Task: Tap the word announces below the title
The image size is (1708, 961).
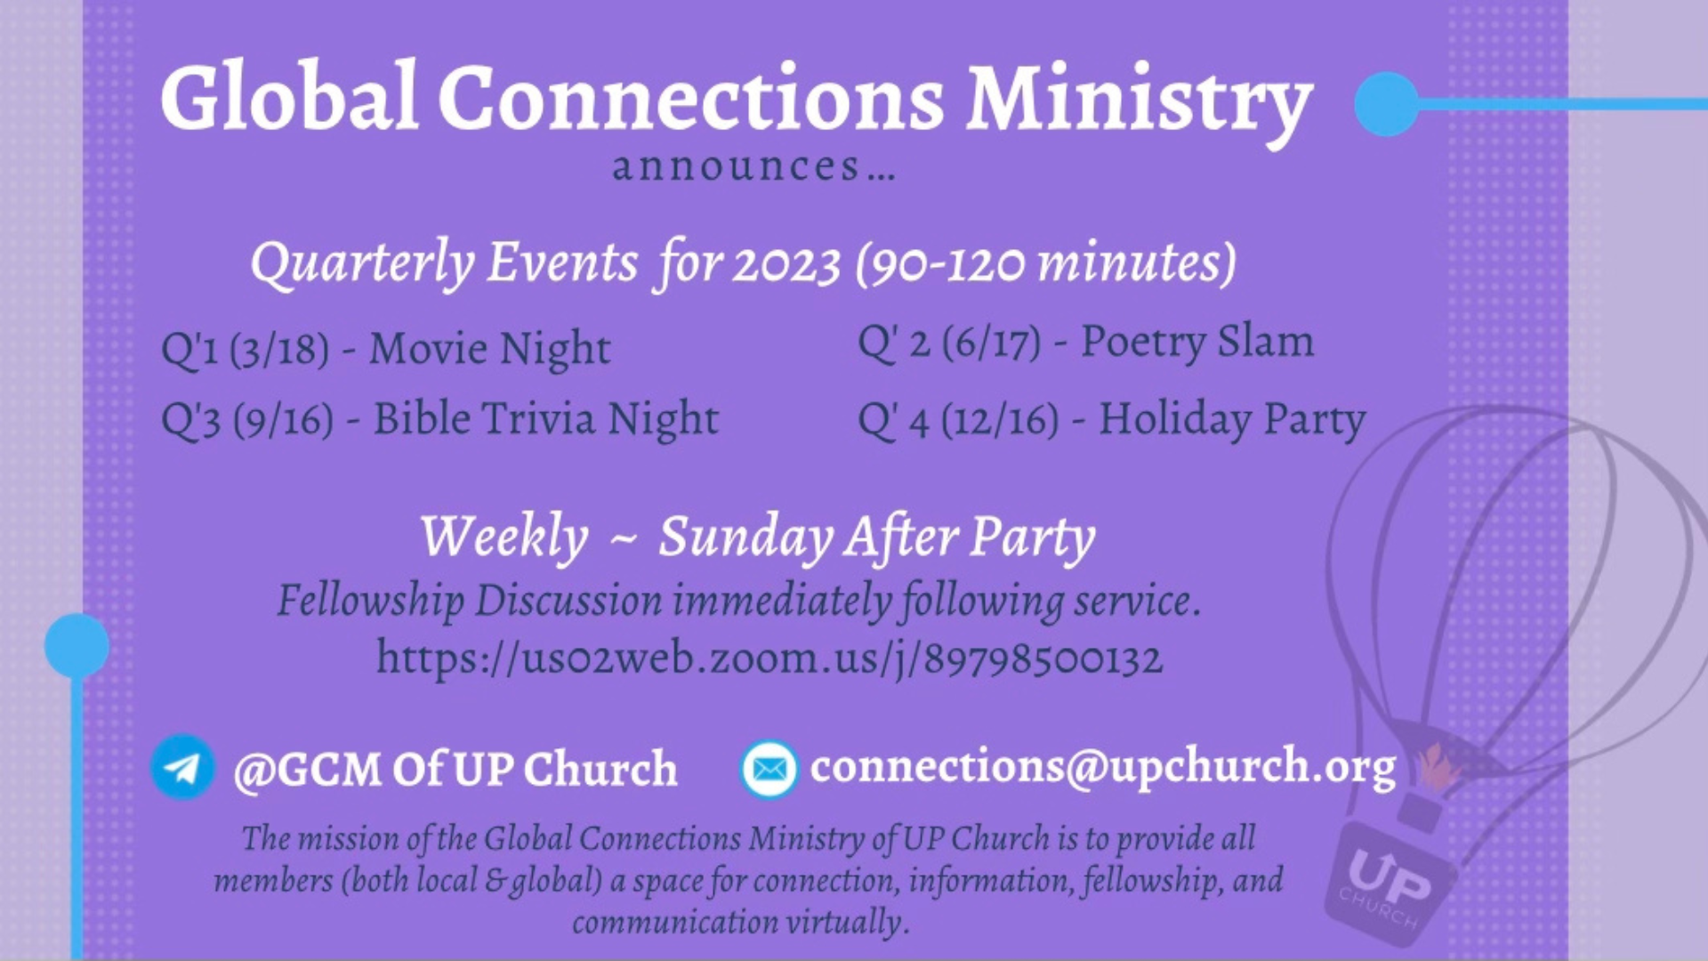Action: click(x=737, y=166)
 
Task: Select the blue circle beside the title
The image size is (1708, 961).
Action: click(x=1387, y=104)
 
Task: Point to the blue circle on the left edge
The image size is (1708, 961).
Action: click(x=77, y=646)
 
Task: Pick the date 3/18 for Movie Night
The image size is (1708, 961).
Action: click(x=279, y=349)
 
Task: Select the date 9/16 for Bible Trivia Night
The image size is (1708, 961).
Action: click(x=284, y=419)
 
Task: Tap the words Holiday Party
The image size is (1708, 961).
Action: click(x=1232, y=420)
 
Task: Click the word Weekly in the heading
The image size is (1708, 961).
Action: click(x=504, y=537)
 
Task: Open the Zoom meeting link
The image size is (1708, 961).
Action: click(x=769, y=659)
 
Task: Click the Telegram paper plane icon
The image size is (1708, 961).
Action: click(x=182, y=766)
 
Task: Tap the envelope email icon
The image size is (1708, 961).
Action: click(x=769, y=768)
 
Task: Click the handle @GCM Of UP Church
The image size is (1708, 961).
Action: click(x=455, y=769)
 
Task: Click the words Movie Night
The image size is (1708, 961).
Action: click(x=490, y=349)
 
